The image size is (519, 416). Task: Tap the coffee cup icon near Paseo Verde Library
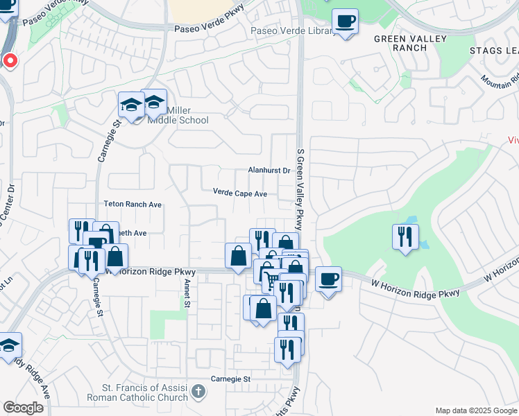click(x=345, y=21)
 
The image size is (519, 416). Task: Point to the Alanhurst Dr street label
click(x=269, y=170)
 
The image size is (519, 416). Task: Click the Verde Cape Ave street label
click(x=239, y=193)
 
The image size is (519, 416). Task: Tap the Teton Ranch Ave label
click(x=132, y=205)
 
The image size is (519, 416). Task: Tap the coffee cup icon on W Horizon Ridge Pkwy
click(x=328, y=279)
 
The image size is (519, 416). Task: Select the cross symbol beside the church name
click(x=198, y=392)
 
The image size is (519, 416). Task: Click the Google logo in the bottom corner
click(x=23, y=407)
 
